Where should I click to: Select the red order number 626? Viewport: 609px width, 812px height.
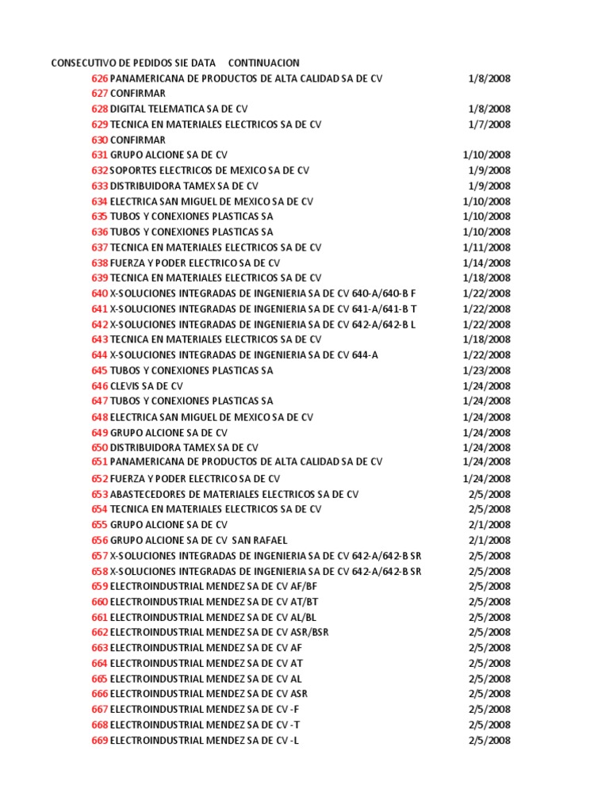click(x=99, y=79)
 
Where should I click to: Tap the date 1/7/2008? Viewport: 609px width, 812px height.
click(x=488, y=124)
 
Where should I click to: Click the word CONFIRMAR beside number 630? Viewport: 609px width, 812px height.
click(x=137, y=140)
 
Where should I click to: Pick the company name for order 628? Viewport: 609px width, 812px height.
click(x=178, y=109)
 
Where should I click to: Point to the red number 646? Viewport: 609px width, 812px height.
click(x=99, y=386)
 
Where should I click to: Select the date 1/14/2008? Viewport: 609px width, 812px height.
click(x=486, y=262)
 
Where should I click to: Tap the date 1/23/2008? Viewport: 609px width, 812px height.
click(x=486, y=370)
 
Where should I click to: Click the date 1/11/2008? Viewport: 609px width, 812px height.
click(x=486, y=247)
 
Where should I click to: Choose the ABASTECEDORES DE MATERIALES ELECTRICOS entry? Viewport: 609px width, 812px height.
click(x=234, y=494)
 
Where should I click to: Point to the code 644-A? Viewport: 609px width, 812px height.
click(x=364, y=355)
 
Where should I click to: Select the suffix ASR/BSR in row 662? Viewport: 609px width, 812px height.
click(x=309, y=632)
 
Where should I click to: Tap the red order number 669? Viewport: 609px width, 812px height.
click(x=99, y=741)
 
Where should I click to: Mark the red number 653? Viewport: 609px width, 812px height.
click(x=99, y=494)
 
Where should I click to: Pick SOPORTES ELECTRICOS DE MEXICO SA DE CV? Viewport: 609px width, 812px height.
click(x=209, y=170)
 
